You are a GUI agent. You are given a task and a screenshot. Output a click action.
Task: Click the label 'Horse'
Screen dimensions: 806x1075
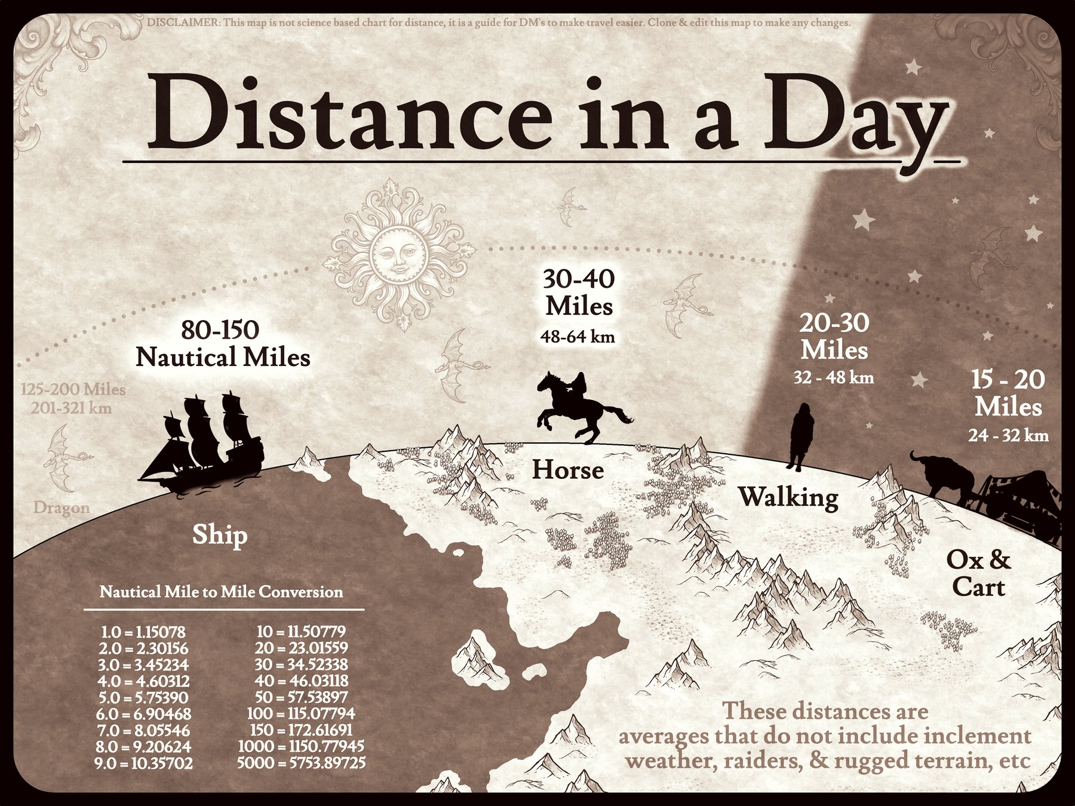[568, 470]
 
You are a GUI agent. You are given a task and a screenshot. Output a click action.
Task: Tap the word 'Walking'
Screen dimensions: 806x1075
[788, 497]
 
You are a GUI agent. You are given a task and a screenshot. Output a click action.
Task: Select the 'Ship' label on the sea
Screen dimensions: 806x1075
[220, 535]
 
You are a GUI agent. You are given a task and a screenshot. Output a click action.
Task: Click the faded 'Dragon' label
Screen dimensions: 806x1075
[62, 508]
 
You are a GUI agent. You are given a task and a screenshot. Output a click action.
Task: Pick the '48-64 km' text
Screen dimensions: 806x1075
[578, 337]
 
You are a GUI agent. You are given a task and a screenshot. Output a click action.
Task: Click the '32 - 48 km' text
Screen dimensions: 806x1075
[834, 378]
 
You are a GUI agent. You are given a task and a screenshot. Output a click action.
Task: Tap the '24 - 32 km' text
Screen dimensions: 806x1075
[1008, 436]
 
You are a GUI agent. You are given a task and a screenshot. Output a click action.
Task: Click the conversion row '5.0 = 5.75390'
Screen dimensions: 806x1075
[143, 697]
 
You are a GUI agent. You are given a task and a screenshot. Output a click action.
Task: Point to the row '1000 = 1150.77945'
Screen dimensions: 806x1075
[301, 746]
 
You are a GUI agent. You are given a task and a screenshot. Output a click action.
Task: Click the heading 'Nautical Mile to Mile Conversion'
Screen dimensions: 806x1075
[222, 592]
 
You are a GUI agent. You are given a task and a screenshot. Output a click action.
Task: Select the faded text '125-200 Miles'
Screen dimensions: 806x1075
[73, 390]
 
